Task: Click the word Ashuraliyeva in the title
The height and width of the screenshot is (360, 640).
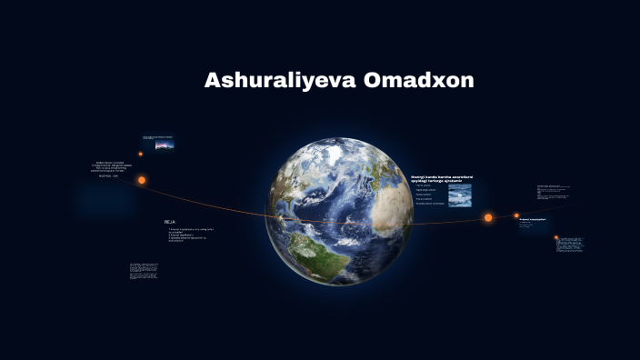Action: (280, 80)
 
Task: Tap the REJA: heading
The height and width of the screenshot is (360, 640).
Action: (170, 222)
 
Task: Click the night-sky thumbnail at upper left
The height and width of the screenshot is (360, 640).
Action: (165, 144)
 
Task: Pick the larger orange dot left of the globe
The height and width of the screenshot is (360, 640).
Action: (142, 180)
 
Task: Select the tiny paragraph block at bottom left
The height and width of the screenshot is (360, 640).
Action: (145, 271)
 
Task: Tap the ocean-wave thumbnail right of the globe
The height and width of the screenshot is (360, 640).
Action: (460, 195)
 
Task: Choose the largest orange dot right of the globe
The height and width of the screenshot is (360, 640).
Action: (488, 217)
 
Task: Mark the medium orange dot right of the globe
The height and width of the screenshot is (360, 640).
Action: (516, 216)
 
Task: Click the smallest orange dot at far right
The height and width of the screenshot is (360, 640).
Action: (556, 237)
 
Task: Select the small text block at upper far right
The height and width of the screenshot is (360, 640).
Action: (552, 194)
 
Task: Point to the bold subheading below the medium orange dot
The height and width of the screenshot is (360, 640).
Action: (532, 219)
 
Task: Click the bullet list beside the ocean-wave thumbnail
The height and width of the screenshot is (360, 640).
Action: (428, 195)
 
